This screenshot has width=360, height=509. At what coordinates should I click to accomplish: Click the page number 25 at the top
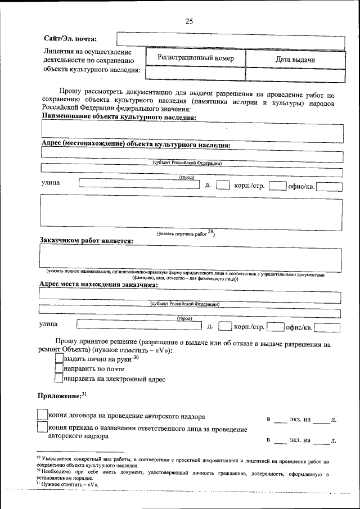(x=188, y=21)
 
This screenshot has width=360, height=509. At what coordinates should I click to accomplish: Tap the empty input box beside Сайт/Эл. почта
(x=230, y=40)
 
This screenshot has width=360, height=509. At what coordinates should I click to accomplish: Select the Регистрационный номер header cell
(x=195, y=58)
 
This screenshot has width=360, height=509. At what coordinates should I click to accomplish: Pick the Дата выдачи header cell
(x=295, y=59)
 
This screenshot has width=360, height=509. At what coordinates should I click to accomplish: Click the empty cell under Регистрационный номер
(x=195, y=74)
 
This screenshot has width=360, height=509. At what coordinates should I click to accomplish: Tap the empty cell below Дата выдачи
(x=295, y=74)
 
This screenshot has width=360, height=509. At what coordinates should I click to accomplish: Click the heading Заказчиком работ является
(x=86, y=241)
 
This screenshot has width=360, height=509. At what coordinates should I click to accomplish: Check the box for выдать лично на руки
(x=59, y=358)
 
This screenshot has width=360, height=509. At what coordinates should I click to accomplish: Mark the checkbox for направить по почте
(x=59, y=369)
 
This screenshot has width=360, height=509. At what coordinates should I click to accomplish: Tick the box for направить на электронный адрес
(x=59, y=379)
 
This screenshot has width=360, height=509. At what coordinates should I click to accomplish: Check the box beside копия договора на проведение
(x=42, y=415)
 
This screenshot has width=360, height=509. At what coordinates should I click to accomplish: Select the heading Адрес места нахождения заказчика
(x=98, y=285)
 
